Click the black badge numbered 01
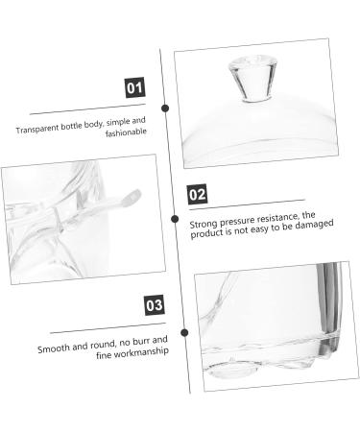[x=135, y=89]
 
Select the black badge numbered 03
[x=153, y=306]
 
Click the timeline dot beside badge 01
[x=164, y=108]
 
